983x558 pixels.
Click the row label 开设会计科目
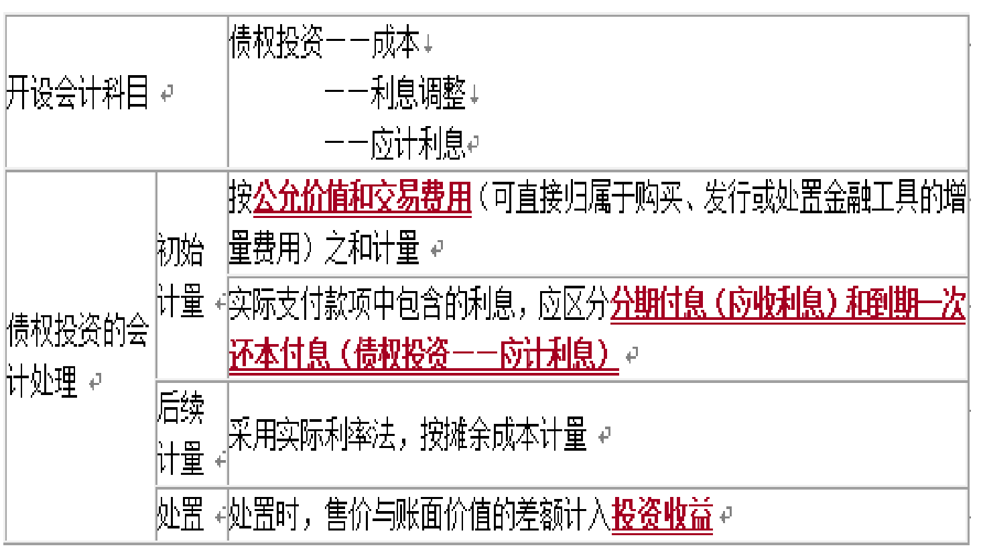tap(77, 92)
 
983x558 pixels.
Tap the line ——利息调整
tap(395, 93)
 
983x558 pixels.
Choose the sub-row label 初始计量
tap(180, 276)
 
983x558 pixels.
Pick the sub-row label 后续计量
tap(180, 433)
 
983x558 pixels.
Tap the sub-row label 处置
tap(180, 515)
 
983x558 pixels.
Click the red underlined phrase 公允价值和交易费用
tap(363, 197)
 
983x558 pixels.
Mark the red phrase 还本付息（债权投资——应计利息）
tap(422, 354)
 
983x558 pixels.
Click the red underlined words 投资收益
tap(662, 515)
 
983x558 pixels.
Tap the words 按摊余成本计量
tap(503, 435)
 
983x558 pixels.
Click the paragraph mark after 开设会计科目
tap(167, 93)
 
